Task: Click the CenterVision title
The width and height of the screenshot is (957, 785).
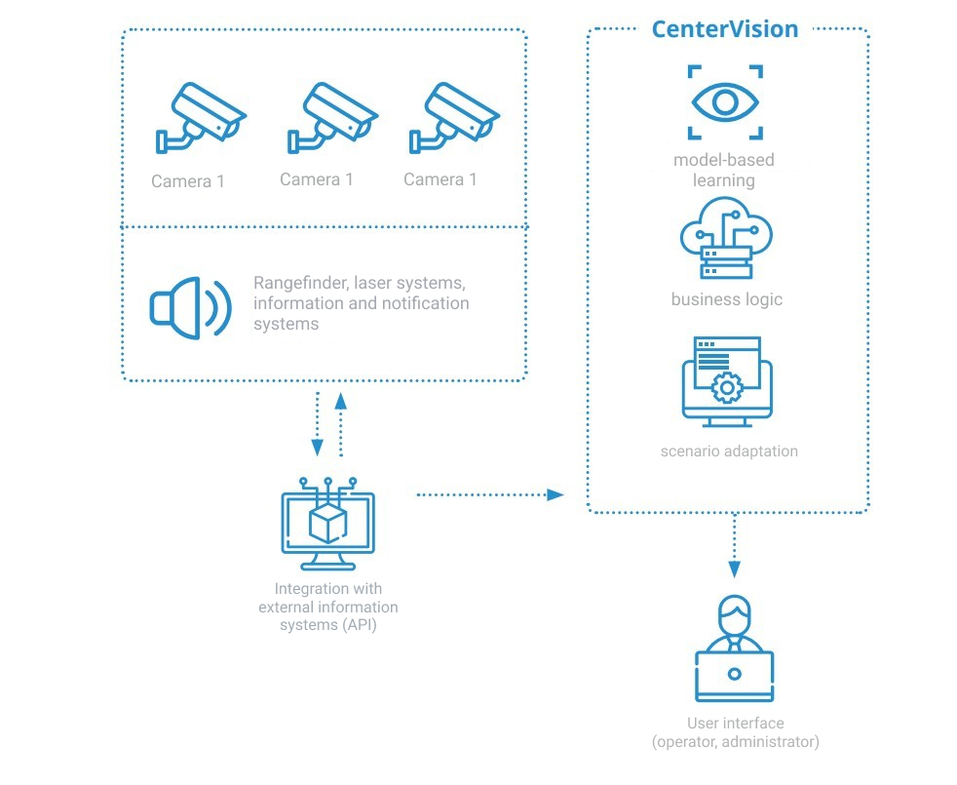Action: (724, 29)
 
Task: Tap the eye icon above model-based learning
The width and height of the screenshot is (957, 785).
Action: (726, 102)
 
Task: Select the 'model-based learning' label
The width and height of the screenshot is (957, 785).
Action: (724, 170)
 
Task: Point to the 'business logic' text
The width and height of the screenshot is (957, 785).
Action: (726, 299)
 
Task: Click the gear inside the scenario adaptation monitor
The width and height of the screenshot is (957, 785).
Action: (726, 388)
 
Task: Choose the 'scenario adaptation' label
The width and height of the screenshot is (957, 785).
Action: (729, 451)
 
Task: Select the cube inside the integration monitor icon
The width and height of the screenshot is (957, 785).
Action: (328, 524)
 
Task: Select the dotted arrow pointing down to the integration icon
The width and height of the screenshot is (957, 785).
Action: (318, 424)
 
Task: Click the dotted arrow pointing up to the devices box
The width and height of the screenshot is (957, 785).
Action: (340, 424)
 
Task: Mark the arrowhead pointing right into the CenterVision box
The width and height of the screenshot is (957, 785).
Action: (555, 495)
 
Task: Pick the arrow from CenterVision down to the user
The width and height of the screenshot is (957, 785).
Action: (734, 547)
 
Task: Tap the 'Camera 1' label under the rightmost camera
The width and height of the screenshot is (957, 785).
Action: (440, 179)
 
